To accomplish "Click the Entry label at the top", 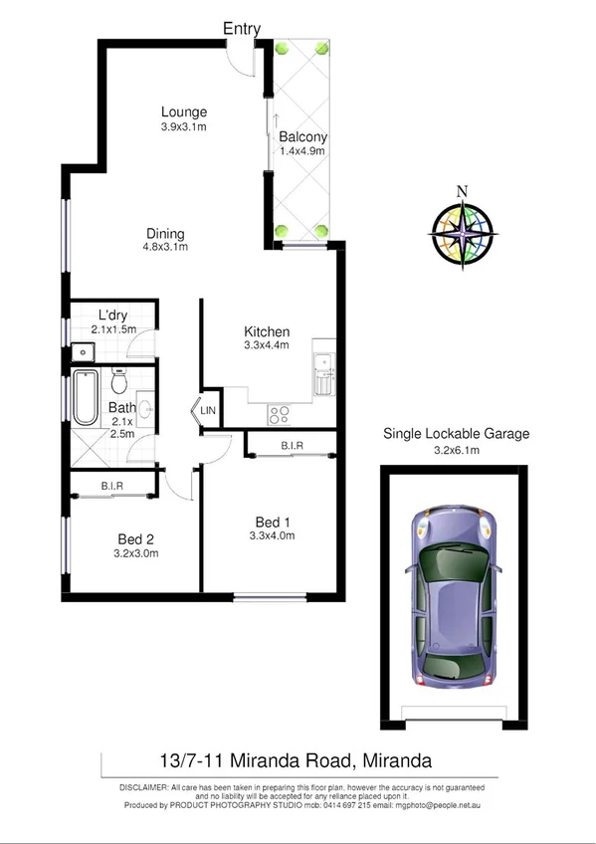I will (242, 29).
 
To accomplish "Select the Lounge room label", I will (184, 112).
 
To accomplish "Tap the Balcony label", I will (302, 137).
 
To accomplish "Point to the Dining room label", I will (164, 235).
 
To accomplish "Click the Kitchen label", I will (267, 332).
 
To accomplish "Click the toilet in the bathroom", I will (119, 381).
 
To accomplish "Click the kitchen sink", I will (322, 373).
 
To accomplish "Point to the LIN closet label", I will (208, 410).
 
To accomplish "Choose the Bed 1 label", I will (274, 523).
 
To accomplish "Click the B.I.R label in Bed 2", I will (111, 486).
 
